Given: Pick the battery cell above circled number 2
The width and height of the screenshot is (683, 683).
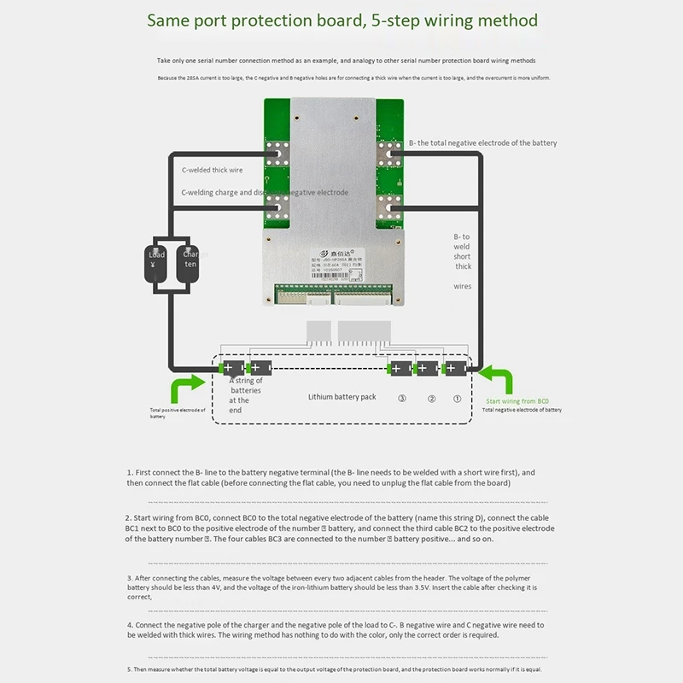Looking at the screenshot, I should coord(425,369).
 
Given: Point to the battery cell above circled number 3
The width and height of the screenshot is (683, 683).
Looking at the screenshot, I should coord(399,369).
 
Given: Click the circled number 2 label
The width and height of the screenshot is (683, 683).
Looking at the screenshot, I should coord(431,399).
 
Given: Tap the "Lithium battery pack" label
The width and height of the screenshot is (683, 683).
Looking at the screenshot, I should coord(342,397).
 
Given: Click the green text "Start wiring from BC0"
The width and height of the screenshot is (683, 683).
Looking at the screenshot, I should coord(517,400).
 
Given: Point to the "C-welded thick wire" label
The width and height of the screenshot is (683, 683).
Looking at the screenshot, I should coord(212,170).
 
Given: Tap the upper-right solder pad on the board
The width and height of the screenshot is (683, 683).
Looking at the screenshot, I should coord(389,154).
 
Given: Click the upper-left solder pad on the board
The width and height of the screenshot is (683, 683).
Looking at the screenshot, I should coord(277,154).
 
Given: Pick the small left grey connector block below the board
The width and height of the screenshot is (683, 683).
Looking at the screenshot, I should coord(318,331).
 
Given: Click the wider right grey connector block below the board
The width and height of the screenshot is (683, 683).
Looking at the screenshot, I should coord(364,331).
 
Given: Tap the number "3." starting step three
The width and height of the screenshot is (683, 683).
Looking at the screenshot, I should coord(130,578).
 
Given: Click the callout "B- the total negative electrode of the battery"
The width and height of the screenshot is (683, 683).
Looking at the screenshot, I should coord(482,143).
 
